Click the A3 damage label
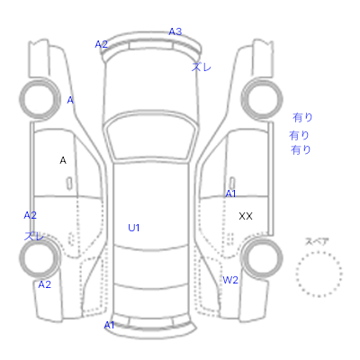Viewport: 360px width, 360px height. coord(175,31)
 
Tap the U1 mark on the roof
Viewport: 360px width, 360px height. coord(134,228)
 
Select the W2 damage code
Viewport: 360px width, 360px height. coord(230,280)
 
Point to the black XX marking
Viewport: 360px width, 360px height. coord(246,216)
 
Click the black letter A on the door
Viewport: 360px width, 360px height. coord(63,160)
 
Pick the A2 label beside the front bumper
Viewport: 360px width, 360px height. coord(101,44)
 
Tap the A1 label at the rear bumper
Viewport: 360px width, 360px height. coord(109,325)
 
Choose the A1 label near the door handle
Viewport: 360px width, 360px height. coord(230,194)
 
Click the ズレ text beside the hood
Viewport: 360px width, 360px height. coord(202,67)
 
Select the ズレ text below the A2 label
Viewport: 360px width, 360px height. coord(34,236)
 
